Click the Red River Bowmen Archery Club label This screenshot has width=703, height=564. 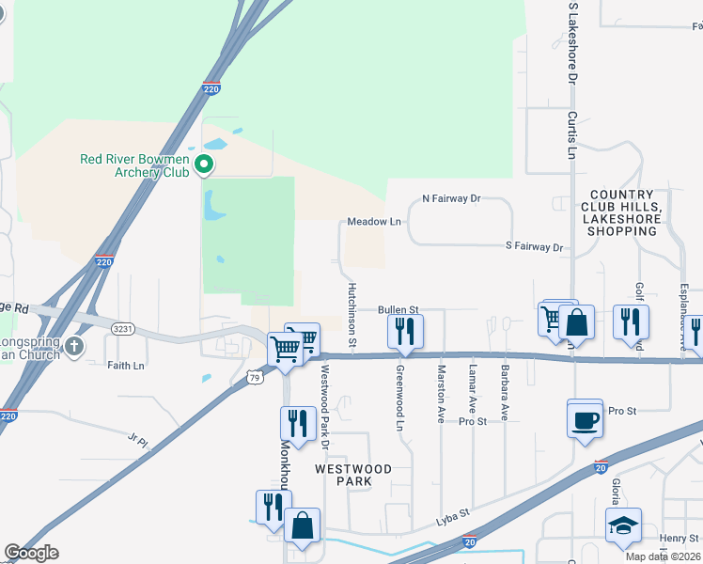click(134, 165)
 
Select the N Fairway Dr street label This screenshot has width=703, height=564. click(451, 199)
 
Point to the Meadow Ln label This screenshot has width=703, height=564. click(374, 222)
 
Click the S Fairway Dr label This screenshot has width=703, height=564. click(532, 248)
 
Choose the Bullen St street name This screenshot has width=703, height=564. click(398, 309)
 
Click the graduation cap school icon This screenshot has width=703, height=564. click(623, 526)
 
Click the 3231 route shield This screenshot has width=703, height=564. click(121, 329)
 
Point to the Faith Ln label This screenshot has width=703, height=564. click(126, 366)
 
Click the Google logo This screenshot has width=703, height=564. click(31, 553)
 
